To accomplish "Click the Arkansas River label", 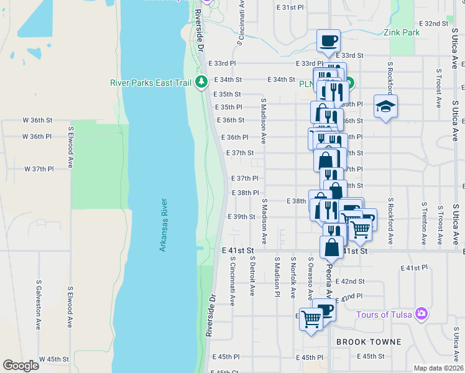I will pos(163,225).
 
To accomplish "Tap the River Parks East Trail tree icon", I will pos(201,82).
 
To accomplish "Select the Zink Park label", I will pos(397,33).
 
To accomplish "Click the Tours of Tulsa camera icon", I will pos(422,313).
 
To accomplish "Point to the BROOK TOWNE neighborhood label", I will pos(368,342).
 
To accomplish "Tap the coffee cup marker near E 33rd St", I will pos(328,41).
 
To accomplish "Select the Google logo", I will pos(21,366).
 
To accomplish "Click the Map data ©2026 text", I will pos(438,368).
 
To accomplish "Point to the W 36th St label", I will pos(35,120).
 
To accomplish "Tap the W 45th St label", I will pos(53,359).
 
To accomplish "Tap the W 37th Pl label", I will pos(39,168).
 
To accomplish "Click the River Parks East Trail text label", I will pos(152,82).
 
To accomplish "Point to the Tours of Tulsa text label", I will pos(384,314).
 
